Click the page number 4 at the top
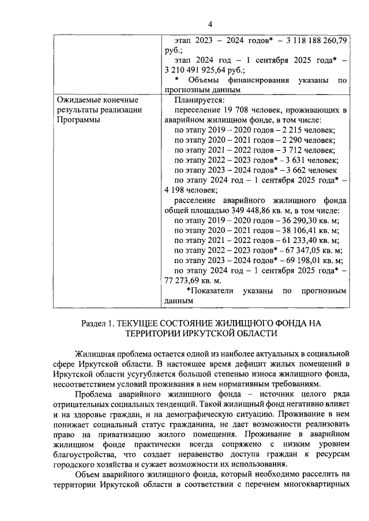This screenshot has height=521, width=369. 210,24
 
